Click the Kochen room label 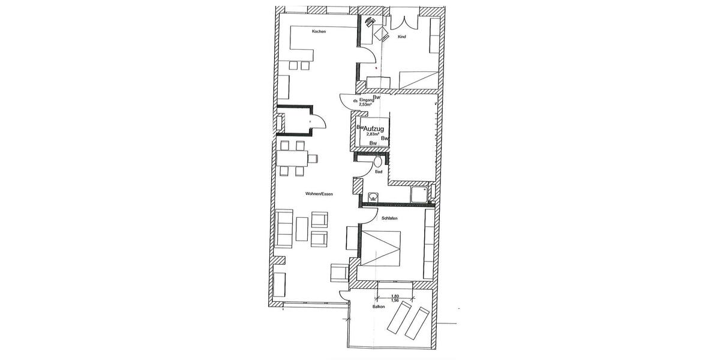point(319,31)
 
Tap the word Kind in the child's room point(401,37)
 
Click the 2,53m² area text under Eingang point(366,105)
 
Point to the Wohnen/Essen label point(319,194)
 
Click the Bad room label point(378,172)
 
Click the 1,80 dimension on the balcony point(395,296)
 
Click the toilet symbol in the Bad point(378,161)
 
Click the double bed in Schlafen point(381,246)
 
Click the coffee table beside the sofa point(302,229)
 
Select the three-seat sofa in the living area point(284,229)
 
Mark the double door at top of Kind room point(401,20)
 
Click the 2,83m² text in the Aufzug point(372,135)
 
